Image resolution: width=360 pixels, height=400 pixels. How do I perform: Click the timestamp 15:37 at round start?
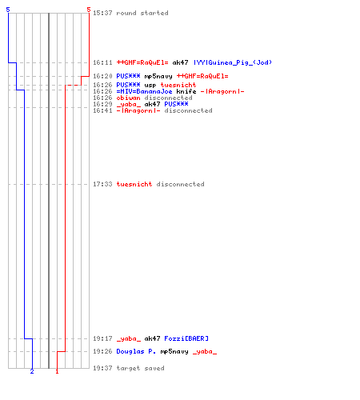click(102, 13)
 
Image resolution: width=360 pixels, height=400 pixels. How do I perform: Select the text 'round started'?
click(142, 13)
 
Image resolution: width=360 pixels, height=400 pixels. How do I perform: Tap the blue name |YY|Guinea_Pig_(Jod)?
click(233, 62)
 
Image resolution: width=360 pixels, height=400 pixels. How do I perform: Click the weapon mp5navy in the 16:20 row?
click(158, 77)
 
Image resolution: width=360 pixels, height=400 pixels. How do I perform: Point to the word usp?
click(150, 86)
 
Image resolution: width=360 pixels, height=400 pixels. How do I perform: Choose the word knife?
click(186, 91)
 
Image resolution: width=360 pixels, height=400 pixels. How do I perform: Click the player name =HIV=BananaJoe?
click(144, 91)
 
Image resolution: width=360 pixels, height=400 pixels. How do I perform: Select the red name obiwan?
click(128, 98)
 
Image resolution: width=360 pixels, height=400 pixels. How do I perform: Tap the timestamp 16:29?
click(102, 104)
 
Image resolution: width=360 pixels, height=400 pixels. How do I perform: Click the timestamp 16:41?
click(102, 110)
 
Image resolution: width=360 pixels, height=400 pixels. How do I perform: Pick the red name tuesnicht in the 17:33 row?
click(134, 184)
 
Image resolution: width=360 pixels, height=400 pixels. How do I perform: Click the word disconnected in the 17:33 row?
click(180, 184)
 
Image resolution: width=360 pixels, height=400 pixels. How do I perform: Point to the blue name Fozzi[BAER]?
click(186, 338)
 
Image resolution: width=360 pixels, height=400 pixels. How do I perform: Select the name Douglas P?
click(136, 351)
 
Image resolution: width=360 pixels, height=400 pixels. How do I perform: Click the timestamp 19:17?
click(102, 338)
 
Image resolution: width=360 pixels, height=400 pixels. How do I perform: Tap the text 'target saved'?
click(140, 368)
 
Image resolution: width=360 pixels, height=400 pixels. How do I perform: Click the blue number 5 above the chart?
click(8, 10)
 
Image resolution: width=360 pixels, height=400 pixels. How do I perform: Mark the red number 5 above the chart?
click(89, 10)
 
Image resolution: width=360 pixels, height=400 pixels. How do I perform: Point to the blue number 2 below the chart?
click(32, 371)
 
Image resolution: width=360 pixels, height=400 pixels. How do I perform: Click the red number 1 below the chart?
click(57, 371)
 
